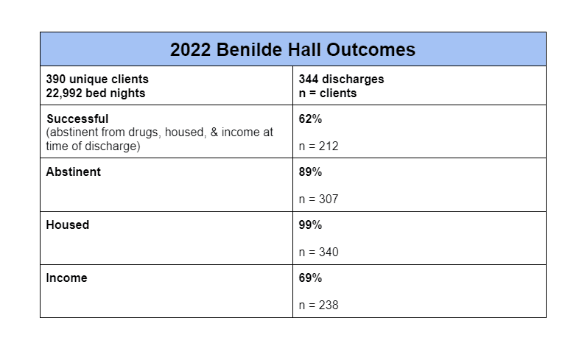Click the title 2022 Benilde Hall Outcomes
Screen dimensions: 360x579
(x=292, y=50)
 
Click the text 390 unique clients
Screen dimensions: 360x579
(x=96, y=80)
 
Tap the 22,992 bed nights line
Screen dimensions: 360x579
(x=95, y=93)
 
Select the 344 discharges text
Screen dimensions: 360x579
(x=341, y=80)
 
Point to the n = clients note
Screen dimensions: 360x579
(x=327, y=93)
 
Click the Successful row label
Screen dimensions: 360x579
(x=77, y=119)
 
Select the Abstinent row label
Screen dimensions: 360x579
(x=73, y=172)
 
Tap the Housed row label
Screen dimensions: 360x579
(x=67, y=225)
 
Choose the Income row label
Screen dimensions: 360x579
(x=66, y=278)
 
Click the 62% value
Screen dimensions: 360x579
(x=310, y=119)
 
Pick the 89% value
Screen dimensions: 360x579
(x=310, y=172)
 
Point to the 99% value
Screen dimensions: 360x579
(x=310, y=225)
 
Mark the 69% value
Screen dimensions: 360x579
(x=310, y=278)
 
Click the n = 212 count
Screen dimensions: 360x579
(x=318, y=146)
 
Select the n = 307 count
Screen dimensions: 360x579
(x=318, y=199)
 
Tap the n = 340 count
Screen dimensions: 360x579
(x=318, y=252)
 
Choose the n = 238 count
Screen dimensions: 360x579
(x=318, y=305)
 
